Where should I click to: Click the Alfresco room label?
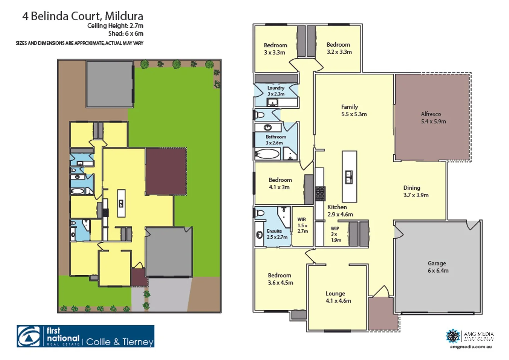click(x=433, y=118)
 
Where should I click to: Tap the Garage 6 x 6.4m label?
click(x=438, y=267)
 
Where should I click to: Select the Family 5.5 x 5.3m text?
click(x=354, y=110)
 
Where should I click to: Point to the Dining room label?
click(x=416, y=191)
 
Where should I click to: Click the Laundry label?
click(x=276, y=91)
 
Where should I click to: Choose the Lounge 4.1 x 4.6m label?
click(x=338, y=297)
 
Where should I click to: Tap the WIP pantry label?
click(x=335, y=234)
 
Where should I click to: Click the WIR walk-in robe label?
click(x=303, y=225)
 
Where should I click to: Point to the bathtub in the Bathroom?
click(x=267, y=154)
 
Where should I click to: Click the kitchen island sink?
click(x=349, y=177)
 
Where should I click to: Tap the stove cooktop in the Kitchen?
click(x=320, y=194)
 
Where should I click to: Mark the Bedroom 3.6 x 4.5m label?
click(x=280, y=279)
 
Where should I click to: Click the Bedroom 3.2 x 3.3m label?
click(x=339, y=48)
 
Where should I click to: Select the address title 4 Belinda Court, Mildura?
click(x=82, y=16)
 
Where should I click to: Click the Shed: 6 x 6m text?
click(x=125, y=33)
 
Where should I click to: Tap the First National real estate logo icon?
click(x=31, y=336)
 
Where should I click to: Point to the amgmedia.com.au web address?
click(x=471, y=347)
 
